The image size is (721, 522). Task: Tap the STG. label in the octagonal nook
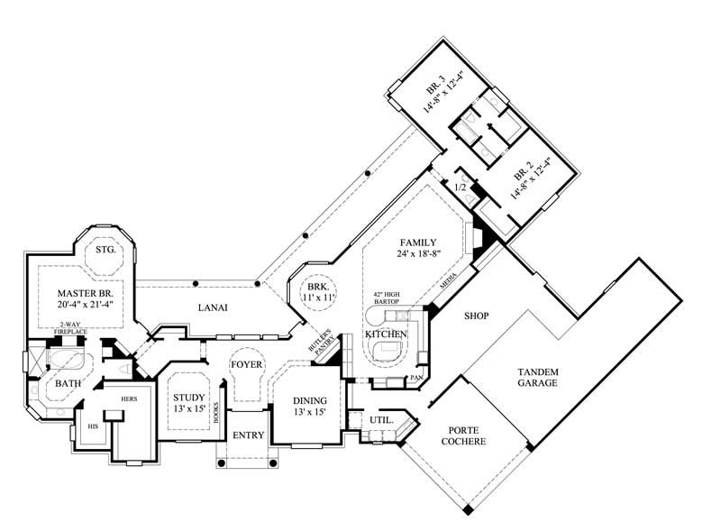(x=105, y=249)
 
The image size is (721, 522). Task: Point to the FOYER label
(x=246, y=364)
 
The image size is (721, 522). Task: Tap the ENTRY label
(x=248, y=435)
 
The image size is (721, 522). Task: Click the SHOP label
(x=476, y=316)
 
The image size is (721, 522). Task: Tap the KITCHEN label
(x=387, y=334)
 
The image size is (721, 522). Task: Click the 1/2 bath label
(x=460, y=188)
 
